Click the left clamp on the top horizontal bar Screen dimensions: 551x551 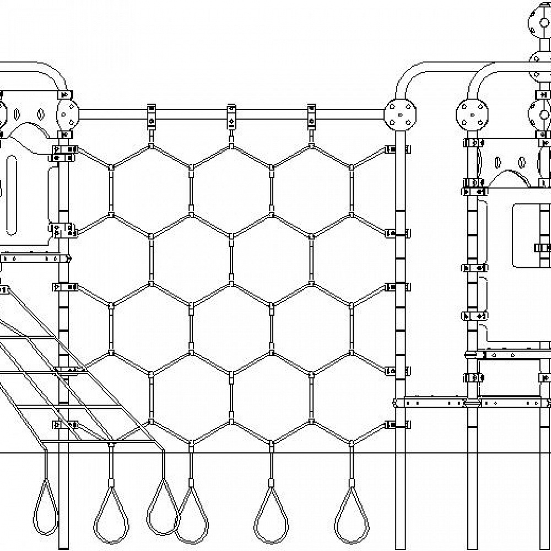(151, 116)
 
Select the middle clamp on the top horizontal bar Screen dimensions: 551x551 (231, 116)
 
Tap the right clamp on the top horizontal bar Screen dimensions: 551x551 (311, 116)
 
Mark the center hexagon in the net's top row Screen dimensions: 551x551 (231, 190)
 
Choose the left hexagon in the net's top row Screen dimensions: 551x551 (151, 190)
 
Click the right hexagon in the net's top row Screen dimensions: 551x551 (311, 190)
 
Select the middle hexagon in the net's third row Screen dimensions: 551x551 (231, 328)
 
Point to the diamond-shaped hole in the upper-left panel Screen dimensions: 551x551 (39, 116)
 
